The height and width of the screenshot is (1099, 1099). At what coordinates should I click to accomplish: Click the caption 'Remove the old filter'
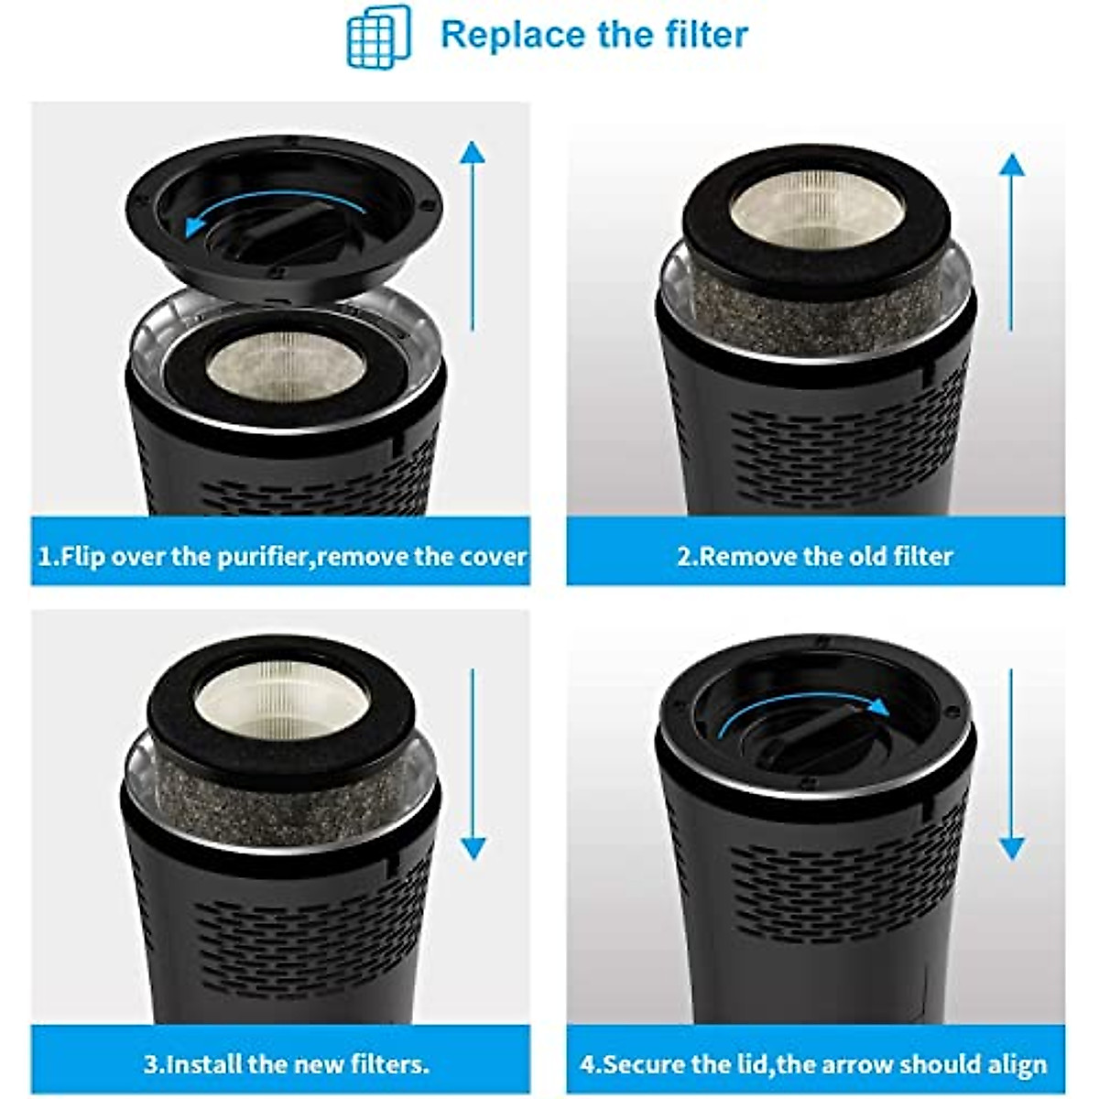(814, 556)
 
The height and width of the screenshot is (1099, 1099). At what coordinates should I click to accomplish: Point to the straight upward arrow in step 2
(1011, 243)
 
